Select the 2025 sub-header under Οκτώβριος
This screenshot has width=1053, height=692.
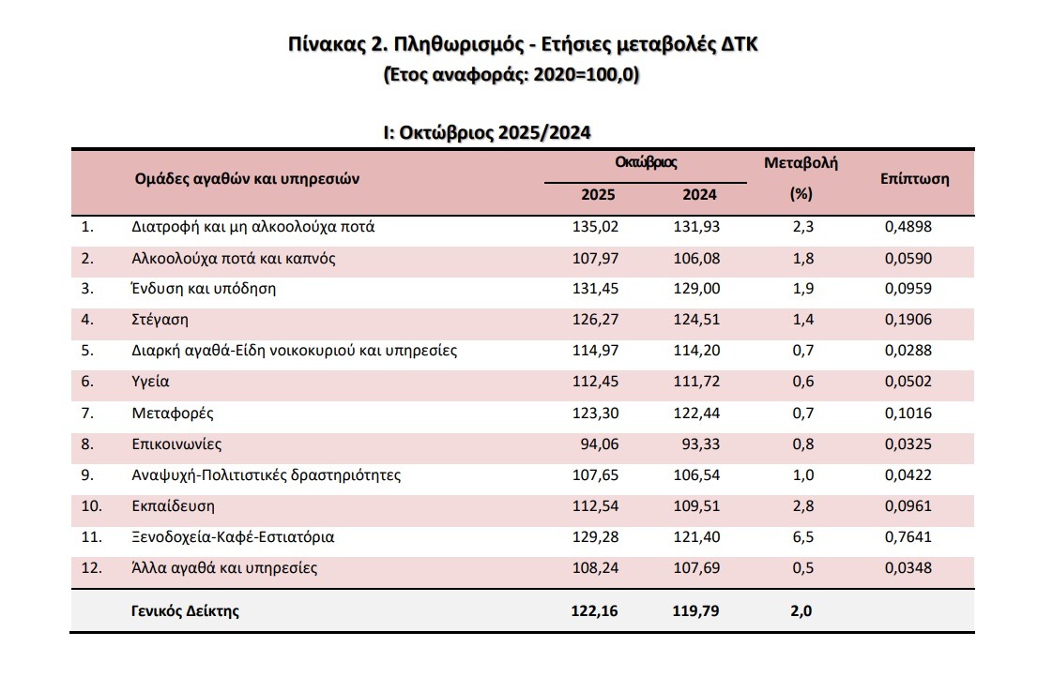coord(598,195)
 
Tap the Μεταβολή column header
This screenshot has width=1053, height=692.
coord(801,162)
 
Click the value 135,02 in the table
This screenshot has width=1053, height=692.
coord(595,226)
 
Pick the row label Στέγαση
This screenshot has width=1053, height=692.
coord(160,319)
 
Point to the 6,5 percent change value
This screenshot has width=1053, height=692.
coord(803,537)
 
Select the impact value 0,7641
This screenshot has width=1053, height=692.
coord(908,537)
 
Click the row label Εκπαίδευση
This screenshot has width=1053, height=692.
coord(174,506)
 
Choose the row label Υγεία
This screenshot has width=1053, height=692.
coord(151,382)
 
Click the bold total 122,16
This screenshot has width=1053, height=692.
coord(594,611)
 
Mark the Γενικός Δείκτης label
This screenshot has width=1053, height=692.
coord(186,611)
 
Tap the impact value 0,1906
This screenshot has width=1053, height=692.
coord(908,319)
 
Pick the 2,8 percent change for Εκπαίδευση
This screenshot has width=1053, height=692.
coord(803,506)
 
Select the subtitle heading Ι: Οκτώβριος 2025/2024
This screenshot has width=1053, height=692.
coord(486,132)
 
